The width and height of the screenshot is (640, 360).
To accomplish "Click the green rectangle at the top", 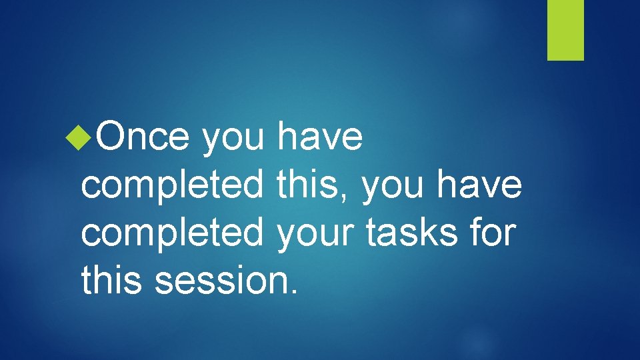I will [565, 30].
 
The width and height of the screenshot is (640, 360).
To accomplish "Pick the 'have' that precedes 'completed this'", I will [320, 138].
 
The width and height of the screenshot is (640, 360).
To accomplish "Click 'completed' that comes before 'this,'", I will [173, 186].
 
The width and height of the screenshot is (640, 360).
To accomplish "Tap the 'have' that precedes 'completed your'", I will [480, 185].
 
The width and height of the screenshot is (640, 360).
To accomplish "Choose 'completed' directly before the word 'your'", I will [173, 233].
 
